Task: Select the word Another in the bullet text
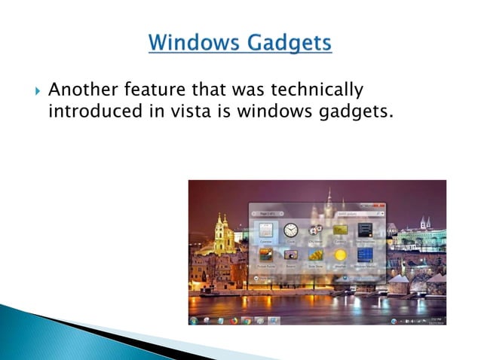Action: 79,91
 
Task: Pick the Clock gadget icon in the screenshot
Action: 290,230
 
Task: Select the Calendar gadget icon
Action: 265,230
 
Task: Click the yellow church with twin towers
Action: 224,237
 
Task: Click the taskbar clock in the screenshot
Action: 436,320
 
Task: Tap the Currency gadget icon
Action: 340,230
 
